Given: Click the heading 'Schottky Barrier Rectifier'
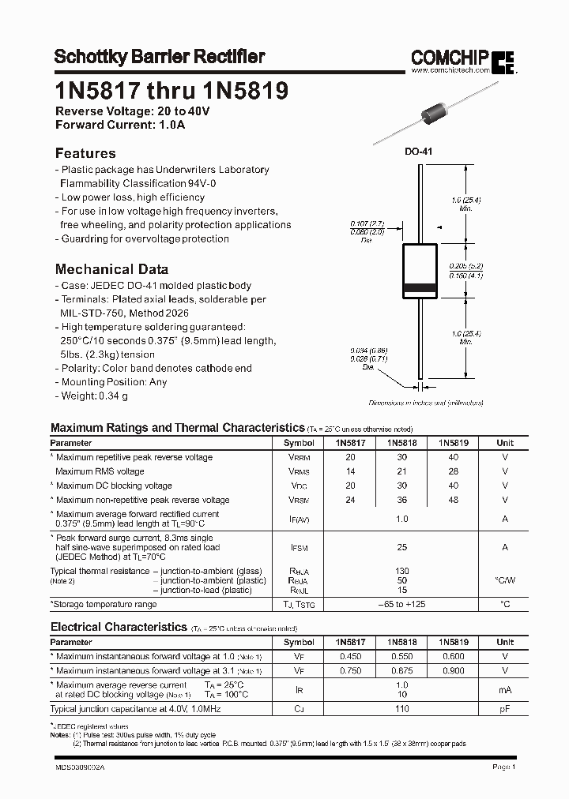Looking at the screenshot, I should [x=159, y=57].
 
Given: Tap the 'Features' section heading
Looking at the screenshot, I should [x=85, y=153].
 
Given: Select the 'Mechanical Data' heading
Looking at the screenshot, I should [x=111, y=268].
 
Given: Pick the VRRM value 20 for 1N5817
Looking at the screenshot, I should [x=351, y=457].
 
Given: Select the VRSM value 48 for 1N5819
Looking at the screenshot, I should [x=453, y=500].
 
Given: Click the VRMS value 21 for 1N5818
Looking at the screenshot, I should [x=401, y=471].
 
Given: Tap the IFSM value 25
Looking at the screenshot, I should [x=401, y=547].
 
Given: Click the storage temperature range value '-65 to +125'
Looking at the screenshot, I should [x=401, y=604].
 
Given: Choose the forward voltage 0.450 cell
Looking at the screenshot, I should [x=351, y=656].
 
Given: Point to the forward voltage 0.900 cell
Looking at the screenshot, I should [x=453, y=670].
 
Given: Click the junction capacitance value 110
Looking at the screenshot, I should [x=401, y=709].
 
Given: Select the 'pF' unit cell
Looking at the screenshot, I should [x=505, y=709].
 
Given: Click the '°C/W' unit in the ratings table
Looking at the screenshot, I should [x=505, y=580].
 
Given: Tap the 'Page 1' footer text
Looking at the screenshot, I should [x=504, y=767].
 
